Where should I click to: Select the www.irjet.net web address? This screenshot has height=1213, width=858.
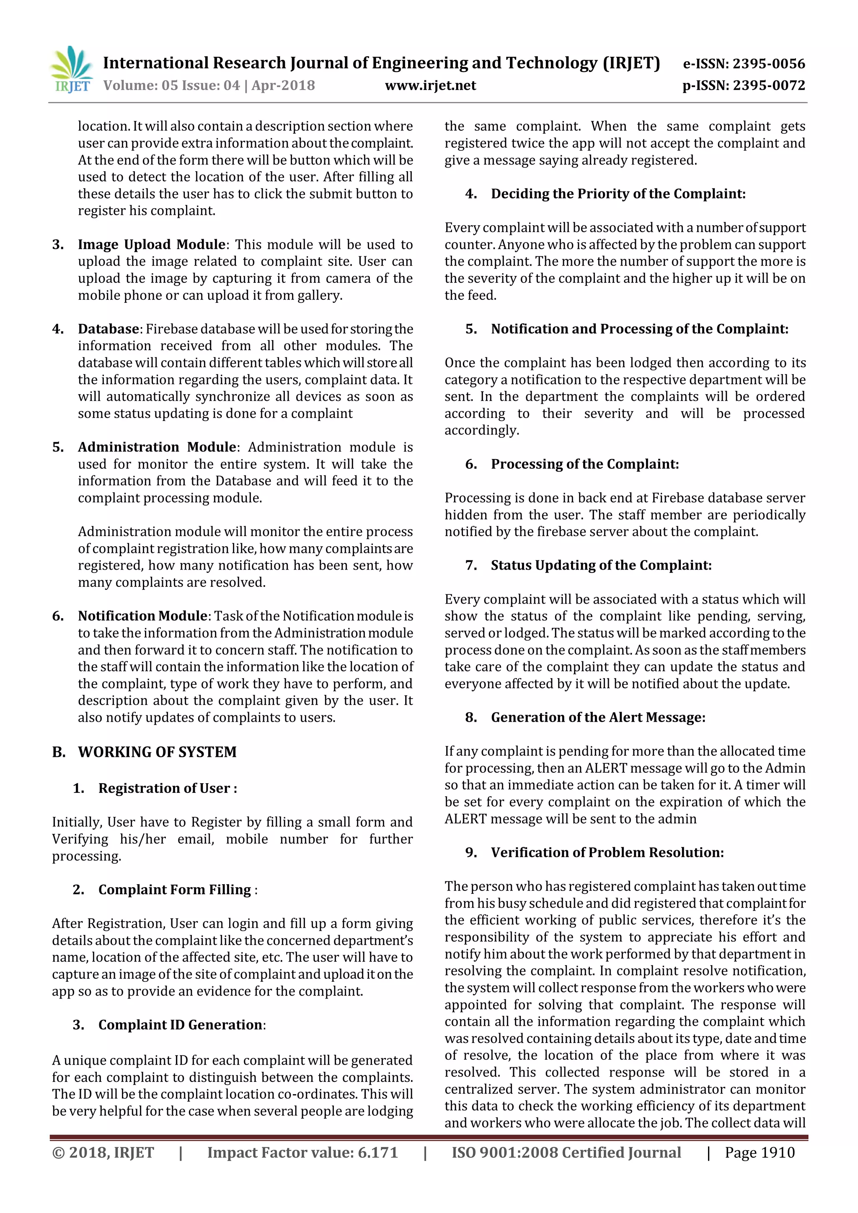[430, 85]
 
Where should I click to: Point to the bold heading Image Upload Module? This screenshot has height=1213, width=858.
[152, 245]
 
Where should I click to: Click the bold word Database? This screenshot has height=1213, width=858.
[109, 329]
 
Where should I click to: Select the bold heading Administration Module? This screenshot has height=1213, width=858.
[157, 447]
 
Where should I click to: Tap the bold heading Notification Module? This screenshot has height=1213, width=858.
[142, 616]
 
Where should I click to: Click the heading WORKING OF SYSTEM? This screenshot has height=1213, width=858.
[157, 752]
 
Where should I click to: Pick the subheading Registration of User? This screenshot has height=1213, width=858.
[167, 788]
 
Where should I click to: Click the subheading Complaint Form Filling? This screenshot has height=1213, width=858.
[174, 890]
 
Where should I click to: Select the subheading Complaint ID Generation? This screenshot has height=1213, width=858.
[180, 1025]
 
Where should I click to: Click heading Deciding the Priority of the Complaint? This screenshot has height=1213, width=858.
[618, 194]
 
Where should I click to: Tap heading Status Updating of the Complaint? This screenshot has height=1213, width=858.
[601, 565]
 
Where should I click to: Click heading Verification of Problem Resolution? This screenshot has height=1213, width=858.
[607, 853]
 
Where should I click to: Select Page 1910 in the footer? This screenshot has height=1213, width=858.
[759, 1153]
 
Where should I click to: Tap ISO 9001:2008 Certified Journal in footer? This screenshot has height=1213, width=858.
[566, 1153]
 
